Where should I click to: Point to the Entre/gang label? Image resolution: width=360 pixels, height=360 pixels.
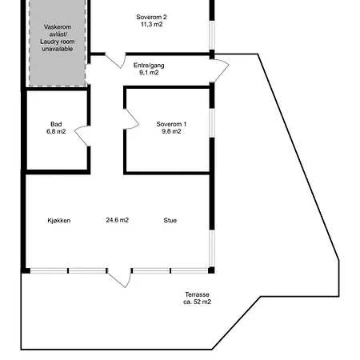pyautogui.click(x=150, y=64)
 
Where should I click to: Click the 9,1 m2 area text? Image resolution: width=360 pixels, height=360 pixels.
pyautogui.click(x=149, y=73)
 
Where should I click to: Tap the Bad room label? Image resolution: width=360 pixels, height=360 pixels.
pyautogui.click(x=56, y=124)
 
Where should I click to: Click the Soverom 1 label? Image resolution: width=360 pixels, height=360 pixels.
pyautogui.click(x=171, y=123)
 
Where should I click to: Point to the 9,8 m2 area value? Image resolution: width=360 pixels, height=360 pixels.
pyautogui.click(x=171, y=132)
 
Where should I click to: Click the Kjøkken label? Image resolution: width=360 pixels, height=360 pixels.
pyautogui.click(x=59, y=220)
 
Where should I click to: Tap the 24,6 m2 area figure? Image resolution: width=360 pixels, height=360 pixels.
pyautogui.click(x=118, y=220)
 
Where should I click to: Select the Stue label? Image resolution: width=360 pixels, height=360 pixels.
pyautogui.click(x=170, y=220)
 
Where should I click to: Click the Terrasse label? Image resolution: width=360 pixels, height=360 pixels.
pyautogui.click(x=198, y=294)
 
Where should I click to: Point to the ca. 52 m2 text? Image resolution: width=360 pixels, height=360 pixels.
pyautogui.click(x=198, y=303)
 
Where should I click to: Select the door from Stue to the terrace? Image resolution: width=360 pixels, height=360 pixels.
pyautogui.click(x=119, y=277)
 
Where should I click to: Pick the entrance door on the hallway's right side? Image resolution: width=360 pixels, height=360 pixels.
pyautogui.click(x=219, y=73)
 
